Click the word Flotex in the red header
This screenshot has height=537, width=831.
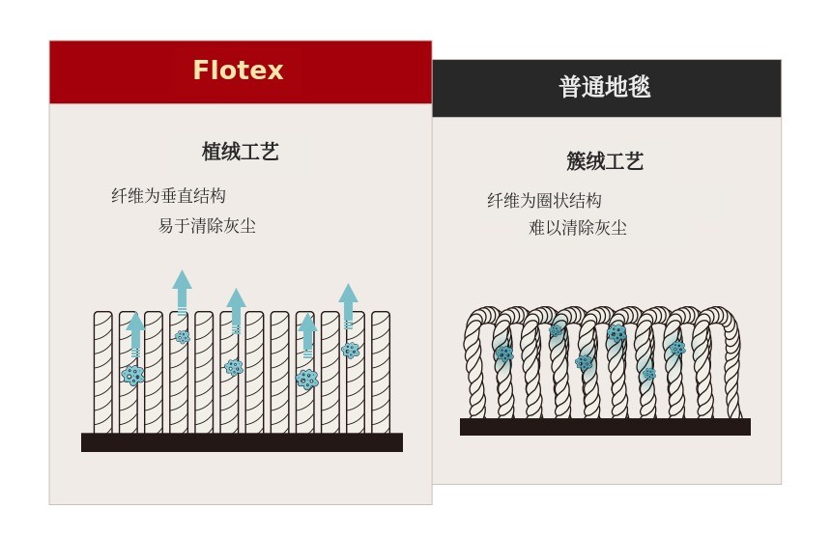pos(238,71)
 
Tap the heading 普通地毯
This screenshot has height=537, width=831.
pos(605,87)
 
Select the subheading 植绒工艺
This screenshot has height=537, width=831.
pos(240,152)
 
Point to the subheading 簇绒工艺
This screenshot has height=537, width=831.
pos(605,161)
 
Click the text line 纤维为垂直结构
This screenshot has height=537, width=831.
pos(168,196)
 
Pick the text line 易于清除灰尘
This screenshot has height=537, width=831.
pos(207,226)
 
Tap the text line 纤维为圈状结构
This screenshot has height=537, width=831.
pos(544,201)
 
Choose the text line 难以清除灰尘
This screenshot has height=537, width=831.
pos(578,228)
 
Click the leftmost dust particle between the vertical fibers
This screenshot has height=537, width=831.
pos(133,375)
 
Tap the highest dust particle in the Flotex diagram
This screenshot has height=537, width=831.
pos(182,337)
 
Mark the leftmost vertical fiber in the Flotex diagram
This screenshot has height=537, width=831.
pos(103,372)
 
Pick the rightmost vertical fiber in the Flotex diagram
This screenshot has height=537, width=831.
pos(381,372)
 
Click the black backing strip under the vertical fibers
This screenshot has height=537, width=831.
pos(242,442)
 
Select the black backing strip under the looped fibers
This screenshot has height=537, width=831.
pos(605,427)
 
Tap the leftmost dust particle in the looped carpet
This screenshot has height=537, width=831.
pos(503,353)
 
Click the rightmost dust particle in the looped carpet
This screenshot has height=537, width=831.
pos(677,348)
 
